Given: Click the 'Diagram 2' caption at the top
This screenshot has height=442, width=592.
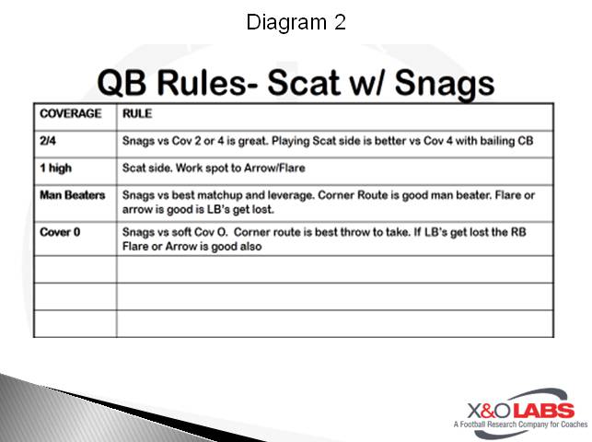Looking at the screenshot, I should (x=296, y=22).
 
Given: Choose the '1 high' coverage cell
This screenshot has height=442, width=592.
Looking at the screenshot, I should (x=56, y=169).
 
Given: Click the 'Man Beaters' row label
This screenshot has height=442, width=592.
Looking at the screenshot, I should (x=73, y=196).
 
